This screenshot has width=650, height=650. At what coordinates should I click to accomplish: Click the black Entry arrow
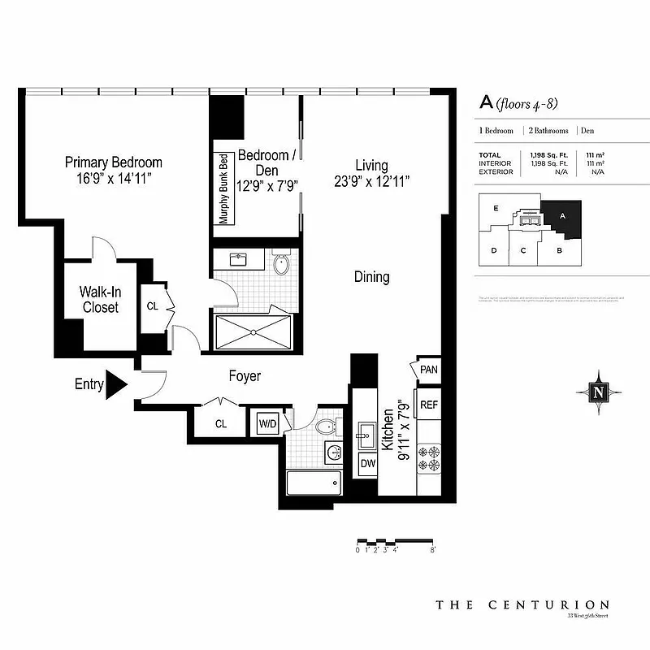coord(116,383)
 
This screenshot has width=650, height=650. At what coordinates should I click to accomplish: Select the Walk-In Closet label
coord(99,299)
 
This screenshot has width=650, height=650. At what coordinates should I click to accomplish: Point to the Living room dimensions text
coord(370,182)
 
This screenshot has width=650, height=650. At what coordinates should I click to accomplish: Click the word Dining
coord(371,277)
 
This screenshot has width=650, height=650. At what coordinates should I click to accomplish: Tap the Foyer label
coord(244,376)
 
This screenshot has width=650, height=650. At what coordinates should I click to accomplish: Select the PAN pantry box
coord(429,370)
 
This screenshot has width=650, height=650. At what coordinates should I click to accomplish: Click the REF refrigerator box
coord(428,404)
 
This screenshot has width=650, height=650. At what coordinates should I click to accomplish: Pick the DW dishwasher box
coord(368,464)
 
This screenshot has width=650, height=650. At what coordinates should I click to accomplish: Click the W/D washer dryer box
coord(267,423)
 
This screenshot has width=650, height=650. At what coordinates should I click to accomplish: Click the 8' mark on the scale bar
coord(433,550)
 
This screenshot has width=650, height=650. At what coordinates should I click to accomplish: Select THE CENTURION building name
coord(522,604)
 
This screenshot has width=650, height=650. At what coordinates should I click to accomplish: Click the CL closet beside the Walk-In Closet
coord(153,306)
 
